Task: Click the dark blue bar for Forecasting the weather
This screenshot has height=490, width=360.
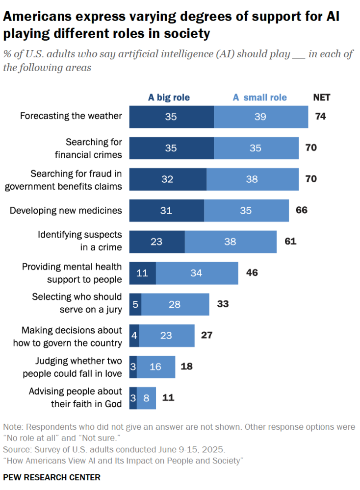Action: [171, 117]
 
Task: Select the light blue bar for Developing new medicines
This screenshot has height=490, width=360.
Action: [246, 210]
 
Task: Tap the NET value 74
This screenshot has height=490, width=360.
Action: [321, 117]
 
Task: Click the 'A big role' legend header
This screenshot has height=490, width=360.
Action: [169, 98]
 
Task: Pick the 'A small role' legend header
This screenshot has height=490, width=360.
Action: [259, 98]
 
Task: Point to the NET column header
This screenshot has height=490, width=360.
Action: [322, 98]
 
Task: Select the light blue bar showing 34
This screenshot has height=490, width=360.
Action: [197, 273]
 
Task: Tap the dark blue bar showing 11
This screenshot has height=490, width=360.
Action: [142, 273]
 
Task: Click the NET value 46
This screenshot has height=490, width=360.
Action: [252, 273]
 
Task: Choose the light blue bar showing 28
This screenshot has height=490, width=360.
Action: [175, 304]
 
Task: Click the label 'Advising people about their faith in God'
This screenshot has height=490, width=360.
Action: [75, 398]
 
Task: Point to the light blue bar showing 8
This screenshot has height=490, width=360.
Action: [146, 398]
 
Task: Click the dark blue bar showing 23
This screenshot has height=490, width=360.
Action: [157, 242]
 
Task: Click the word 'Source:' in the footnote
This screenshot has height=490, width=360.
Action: [18, 449]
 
